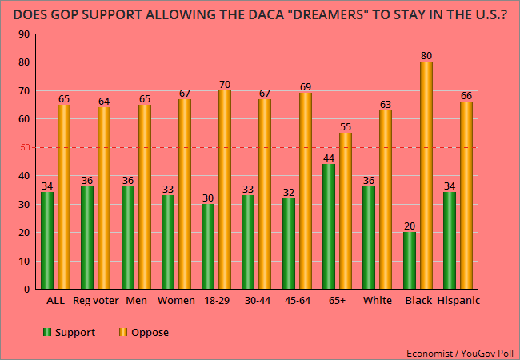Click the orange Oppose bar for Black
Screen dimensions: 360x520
426,175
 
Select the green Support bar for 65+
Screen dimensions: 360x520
329,226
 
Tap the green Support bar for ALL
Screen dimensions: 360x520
47,241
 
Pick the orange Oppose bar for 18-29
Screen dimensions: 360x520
225,190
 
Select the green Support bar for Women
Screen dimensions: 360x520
168,242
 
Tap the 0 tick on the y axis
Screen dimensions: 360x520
27,290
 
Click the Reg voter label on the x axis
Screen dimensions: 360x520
95,301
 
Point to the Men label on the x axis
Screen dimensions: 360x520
136,301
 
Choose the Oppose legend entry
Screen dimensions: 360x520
145,331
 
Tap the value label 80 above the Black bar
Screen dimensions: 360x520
426,55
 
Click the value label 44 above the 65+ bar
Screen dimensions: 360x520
329,158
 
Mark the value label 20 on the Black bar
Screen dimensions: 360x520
410,226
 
